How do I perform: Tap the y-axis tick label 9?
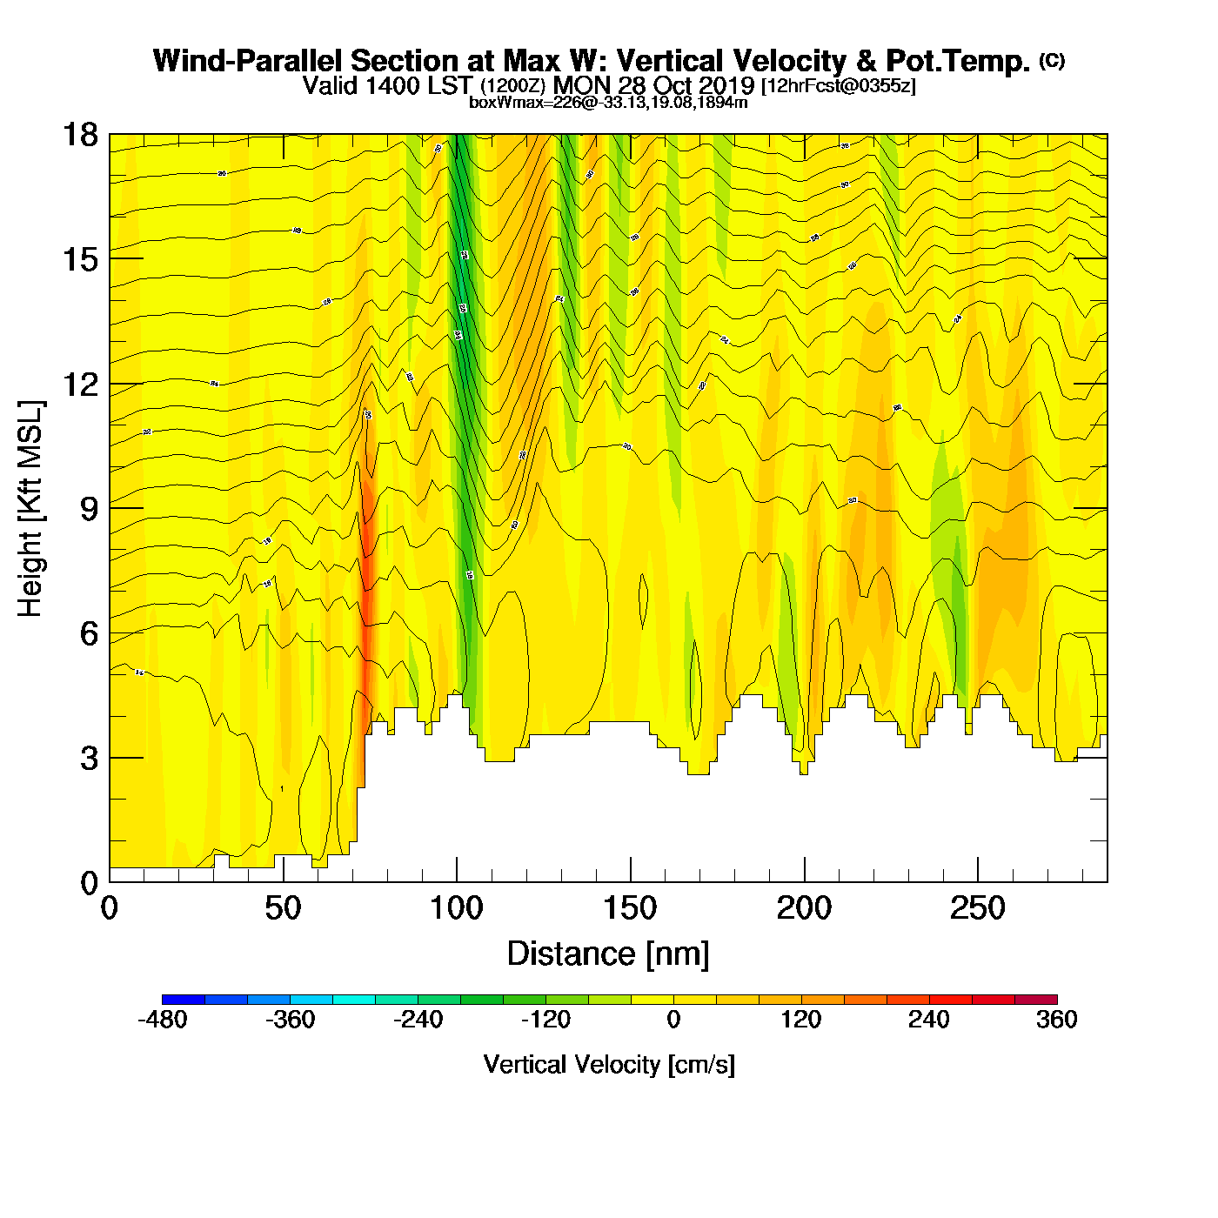tap(89, 509)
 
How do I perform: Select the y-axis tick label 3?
tap(89, 759)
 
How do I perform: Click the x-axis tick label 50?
tap(283, 909)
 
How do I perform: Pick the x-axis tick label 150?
tap(630, 909)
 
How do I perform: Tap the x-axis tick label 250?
tap(977, 909)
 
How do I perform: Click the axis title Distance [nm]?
tap(608, 954)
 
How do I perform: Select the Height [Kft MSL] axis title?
tap(30, 509)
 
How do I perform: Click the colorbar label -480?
tap(163, 1020)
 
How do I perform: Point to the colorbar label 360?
tap(1057, 1020)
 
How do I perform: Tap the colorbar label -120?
tap(545, 1020)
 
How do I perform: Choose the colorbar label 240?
tap(929, 1020)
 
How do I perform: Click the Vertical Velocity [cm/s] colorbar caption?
tap(609, 1065)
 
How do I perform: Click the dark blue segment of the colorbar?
tap(184, 999)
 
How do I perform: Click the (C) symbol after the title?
tap(1052, 60)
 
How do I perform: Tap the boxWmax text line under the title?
tap(608, 102)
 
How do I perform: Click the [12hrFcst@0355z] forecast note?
tap(839, 86)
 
